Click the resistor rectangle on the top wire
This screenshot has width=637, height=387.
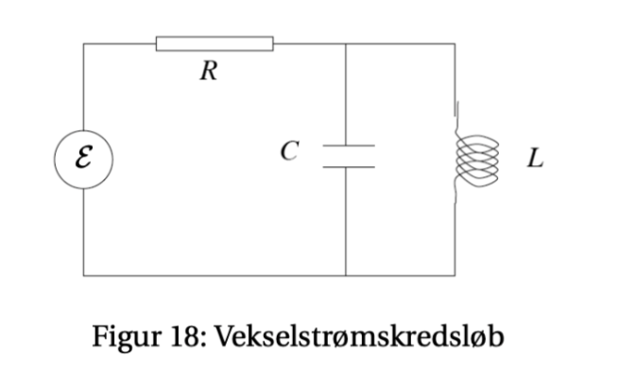[x=215, y=42]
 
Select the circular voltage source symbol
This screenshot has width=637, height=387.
[x=83, y=158]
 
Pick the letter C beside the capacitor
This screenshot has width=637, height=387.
[x=291, y=150]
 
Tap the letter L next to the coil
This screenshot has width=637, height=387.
[x=535, y=159]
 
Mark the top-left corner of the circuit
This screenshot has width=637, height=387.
[x=83, y=43]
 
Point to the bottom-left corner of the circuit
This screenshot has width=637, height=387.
[x=83, y=276]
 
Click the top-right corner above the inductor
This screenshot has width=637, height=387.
[x=456, y=43]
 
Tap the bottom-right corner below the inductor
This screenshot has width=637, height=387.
[x=456, y=276]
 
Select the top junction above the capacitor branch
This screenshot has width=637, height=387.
[x=347, y=43]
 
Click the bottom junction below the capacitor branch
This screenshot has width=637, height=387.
[x=347, y=276]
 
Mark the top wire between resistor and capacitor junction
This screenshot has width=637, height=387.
[x=310, y=43]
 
